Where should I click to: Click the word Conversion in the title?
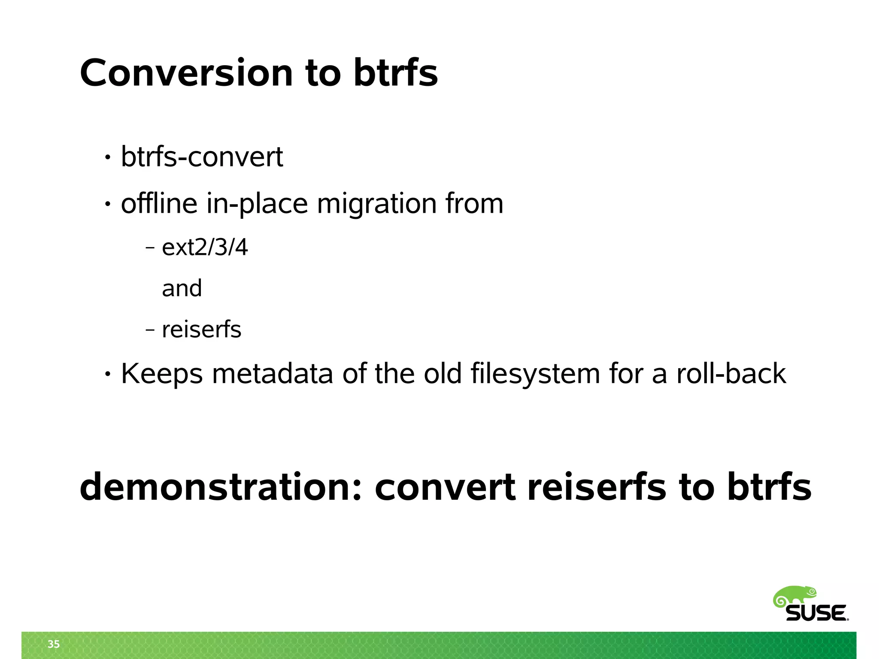pos(186,73)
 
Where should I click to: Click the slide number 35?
pos(54,644)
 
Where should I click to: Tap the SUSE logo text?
pos(816,613)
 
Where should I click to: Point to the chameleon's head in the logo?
pos(809,592)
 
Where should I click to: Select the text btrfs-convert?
pos(202,157)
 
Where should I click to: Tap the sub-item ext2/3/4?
pos(205,248)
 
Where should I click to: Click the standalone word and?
pos(182,288)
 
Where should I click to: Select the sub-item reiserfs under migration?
pos(201,329)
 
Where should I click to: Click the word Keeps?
pos(161,374)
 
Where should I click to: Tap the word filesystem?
pos(535,374)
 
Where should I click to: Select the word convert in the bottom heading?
pos(445,487)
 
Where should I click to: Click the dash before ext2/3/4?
pos(150,248)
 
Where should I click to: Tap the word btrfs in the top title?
pos(395,73)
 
